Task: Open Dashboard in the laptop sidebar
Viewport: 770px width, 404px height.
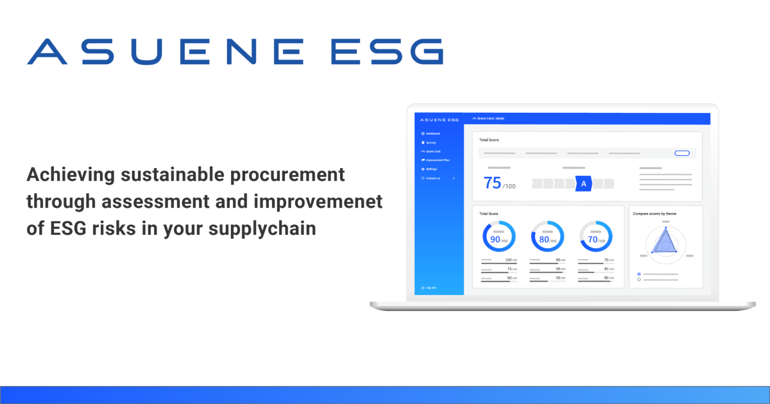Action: tap(433, 133)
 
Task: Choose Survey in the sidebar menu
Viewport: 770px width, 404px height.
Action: tap(431, 142)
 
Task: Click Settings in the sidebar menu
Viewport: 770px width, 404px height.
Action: tap(432, 169)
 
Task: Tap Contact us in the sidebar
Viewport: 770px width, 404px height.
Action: tap(433, 178)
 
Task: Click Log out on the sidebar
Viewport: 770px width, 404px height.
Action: tap(431, 287)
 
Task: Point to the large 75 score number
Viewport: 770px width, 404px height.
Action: tap(492, 183)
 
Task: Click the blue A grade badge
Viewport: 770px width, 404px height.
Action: tap(583, 184)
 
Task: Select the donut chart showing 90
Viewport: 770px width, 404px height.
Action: tap(499, 237)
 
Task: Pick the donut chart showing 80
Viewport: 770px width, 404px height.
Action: tap(547, 237)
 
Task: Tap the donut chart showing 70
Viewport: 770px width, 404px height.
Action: tap(596, 237)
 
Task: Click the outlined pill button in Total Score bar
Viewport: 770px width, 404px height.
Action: tap(681, 153)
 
